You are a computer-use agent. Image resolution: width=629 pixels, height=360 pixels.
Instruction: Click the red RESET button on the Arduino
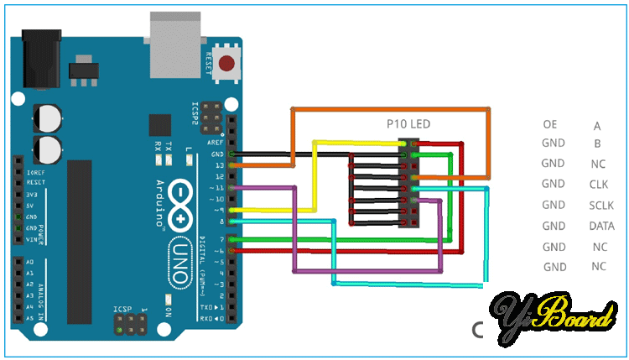(226, 63)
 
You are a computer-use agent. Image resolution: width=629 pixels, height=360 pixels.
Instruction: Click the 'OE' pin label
(550, 125)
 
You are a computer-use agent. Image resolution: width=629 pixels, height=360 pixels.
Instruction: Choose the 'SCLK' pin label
(600, 205)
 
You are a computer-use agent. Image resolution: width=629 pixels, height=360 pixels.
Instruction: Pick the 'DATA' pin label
(600, 226)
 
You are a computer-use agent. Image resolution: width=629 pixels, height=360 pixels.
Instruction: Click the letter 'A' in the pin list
(597, 127)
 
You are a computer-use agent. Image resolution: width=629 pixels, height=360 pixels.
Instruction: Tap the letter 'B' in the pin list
(597, 143)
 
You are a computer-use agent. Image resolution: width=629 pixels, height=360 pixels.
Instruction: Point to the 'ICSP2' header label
(195, 114)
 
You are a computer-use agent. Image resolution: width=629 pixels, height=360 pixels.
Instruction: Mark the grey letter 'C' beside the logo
(478, 330)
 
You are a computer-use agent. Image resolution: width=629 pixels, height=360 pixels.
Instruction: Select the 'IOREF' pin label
(34, 171)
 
